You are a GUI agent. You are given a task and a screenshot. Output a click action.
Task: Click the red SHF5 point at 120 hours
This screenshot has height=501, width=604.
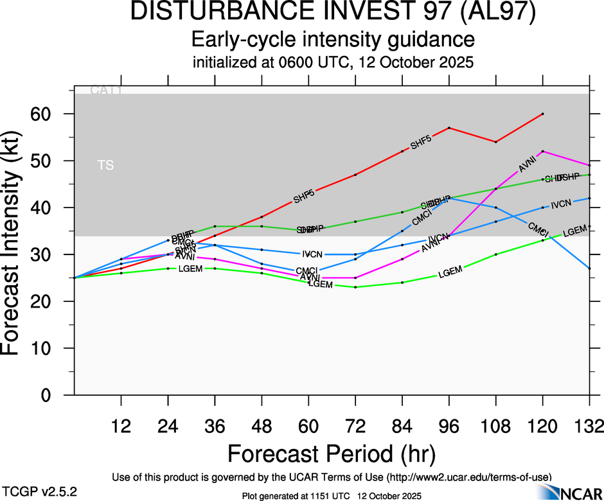click(543, 114)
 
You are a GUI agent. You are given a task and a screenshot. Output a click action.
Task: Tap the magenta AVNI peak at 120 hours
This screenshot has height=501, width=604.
click(543, 152)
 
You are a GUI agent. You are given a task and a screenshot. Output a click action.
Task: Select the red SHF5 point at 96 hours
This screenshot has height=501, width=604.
click(449, 128)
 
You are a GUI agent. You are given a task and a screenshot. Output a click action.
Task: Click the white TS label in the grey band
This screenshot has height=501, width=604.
click(106, 166)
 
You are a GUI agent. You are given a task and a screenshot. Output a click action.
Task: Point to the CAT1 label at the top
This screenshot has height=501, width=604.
click(106, 91)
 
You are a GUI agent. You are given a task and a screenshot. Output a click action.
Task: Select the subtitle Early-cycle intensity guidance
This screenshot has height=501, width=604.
click(333, 40)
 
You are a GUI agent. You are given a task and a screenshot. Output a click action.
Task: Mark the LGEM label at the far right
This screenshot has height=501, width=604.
click(575, 231)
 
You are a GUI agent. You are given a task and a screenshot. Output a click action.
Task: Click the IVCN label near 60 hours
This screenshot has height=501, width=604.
click(312, 254)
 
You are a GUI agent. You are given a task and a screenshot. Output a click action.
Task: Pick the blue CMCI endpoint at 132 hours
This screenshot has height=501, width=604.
click(590, 268)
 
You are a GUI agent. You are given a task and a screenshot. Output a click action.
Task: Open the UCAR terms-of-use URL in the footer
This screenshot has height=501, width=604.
click(469, 477)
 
